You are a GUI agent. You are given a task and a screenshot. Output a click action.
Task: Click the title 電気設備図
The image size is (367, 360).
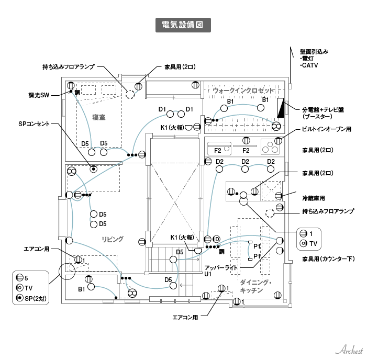coord(183,25)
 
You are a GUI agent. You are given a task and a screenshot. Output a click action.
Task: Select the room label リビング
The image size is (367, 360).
coord(113,239)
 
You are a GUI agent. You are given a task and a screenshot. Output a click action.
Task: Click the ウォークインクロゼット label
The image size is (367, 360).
coord(244,91)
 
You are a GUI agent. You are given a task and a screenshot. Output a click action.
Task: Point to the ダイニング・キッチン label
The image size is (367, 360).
coord(255,286)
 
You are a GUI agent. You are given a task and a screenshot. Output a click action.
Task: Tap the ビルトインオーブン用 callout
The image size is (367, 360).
coord(325,129)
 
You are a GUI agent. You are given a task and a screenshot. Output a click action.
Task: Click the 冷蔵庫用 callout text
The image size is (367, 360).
coord(314,198)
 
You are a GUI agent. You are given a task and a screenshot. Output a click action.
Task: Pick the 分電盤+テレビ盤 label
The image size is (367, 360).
coord(323,110)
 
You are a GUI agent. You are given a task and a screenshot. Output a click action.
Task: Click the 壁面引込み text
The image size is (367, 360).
coord(314,52)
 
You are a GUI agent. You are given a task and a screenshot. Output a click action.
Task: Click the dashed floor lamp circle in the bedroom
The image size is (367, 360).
coord(130,95)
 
